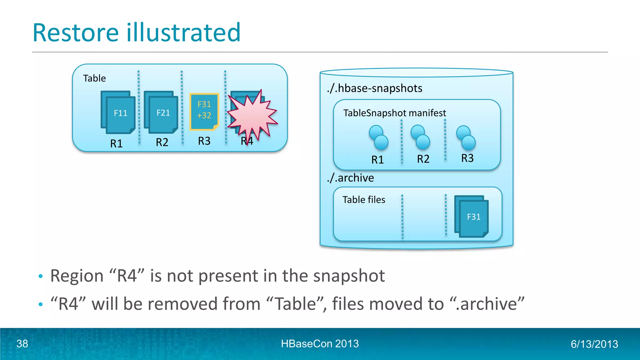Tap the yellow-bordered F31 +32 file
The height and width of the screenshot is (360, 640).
coord(204,111)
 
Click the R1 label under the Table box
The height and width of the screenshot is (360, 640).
coord(117,143)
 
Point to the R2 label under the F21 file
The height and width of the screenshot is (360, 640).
coord(162,142)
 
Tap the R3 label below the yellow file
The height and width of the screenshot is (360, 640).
coord(204,141)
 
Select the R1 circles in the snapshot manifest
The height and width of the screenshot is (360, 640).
coord(378,137)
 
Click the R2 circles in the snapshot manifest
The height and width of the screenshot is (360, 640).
coord(420,137)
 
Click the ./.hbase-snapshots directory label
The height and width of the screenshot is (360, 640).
coord(375,88)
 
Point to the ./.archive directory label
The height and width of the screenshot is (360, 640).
coord(350,178)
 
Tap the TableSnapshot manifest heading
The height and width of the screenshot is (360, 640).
coord(394,113)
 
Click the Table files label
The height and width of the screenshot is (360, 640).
coord(364,200)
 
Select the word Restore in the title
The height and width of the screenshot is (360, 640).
coord(76,32)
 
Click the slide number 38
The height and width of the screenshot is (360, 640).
coord(22,344)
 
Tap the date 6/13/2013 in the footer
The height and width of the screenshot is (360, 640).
coord(594,344)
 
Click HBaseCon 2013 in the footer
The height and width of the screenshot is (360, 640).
coord(320,344)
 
